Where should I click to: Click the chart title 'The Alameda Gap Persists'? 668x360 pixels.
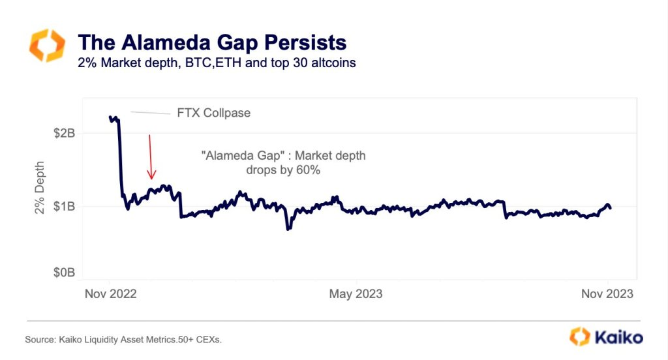211,43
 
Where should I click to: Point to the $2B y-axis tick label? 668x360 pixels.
64,133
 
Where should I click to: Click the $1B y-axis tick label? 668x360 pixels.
64,207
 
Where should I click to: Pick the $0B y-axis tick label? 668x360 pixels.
64,272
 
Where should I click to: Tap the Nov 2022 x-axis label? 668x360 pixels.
111,294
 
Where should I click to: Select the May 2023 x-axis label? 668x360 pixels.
356,294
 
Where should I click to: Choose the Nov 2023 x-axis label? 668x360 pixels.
606,294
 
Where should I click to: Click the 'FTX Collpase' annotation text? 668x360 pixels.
213,113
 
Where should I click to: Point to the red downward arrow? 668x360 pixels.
151,157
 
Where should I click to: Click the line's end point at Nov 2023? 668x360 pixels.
610,207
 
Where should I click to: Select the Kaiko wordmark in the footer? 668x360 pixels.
617,337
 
